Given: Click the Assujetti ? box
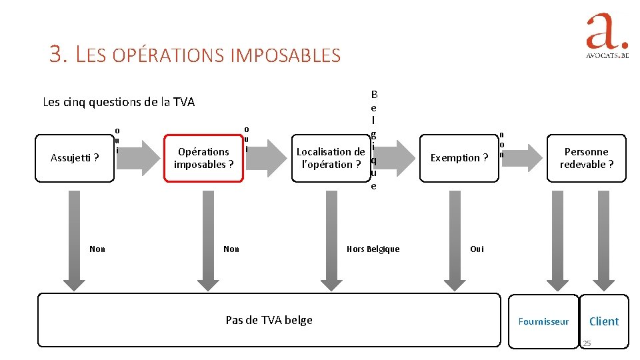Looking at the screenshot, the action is point(75,158).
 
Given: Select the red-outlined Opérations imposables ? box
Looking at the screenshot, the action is point(204,158).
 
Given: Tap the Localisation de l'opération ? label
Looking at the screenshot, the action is point(331,158).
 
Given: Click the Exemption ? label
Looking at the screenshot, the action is point(459,158).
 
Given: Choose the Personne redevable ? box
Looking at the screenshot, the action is point(587,158).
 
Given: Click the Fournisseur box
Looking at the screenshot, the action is point(544,321).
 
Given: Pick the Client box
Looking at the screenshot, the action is point(604,321).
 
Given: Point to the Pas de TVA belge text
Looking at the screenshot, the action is point(269,320).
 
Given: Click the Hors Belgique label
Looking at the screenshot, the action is point(373,249).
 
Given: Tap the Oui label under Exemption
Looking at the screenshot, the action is point(477,249).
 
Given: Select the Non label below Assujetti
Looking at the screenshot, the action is point(97,249).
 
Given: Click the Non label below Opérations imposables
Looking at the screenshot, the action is point(231,249).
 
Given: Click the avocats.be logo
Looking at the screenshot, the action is point(607,37).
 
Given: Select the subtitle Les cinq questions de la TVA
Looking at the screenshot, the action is point(119,102).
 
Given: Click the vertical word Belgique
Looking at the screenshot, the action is point(373,140).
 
